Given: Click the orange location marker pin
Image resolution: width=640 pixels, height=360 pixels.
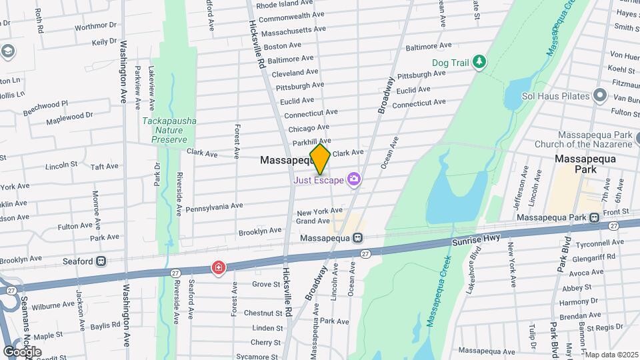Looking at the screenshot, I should click(320, 159).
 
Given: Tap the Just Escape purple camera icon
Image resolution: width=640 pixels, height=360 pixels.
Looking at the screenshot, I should click(353, 179).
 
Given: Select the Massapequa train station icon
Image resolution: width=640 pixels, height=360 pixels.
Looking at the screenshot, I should click(358, 238).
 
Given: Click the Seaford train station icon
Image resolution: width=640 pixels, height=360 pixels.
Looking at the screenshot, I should click(101, 261).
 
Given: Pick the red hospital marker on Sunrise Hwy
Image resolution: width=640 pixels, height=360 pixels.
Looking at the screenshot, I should click(218, 268).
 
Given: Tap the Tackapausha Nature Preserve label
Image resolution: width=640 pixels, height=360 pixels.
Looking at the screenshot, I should click(166, 131).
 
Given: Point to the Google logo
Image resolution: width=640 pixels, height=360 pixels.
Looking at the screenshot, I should click(23, 351).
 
